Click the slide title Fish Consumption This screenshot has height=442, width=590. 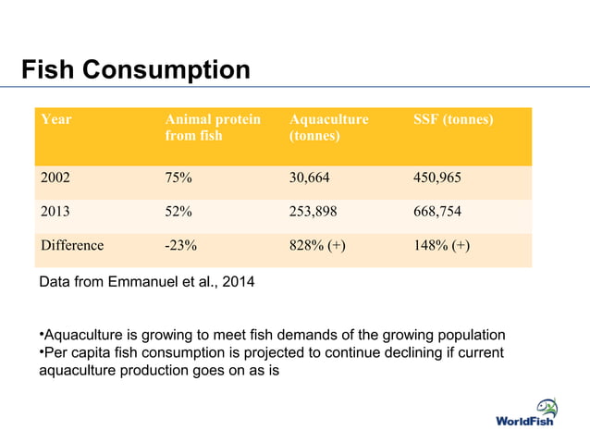pyautogui.click(x=136, y=69)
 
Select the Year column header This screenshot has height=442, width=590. pyautogui.click(x=55, y=120)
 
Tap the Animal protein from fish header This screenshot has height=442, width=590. pyautogui.click(x=212, y=129)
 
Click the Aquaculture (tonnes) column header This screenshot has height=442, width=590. pyautogui.click(x=328, y=129)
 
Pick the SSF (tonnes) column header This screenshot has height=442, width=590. pyautogui.click(x=453, y=120)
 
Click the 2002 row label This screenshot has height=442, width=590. pyautogui.click(x=55, y=179)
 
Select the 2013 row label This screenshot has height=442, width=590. pyautogui.click(x=55, y=213)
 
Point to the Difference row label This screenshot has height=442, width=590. pyautogui.click(x=71, y=246)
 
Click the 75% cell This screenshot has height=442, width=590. pyautogui.click(x=178, y=179)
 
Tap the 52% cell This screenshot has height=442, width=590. pyautogui.click(x=178, y=213)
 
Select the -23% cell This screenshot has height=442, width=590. pyautogui.click(x=180, y=246)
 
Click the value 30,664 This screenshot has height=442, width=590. pyautogui.click(x=310, y=179)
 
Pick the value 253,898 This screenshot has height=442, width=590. pyautogui.click(x=313, y=213)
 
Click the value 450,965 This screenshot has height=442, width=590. pyautogui.click(x=438, y=179)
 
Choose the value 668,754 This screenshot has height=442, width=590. pyautogui.click(x=438, y=213)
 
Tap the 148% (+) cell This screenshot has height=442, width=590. pyautogui.click(x=442, y=246)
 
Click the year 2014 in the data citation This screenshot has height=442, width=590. pyautogui.click(x=236, y=282)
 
